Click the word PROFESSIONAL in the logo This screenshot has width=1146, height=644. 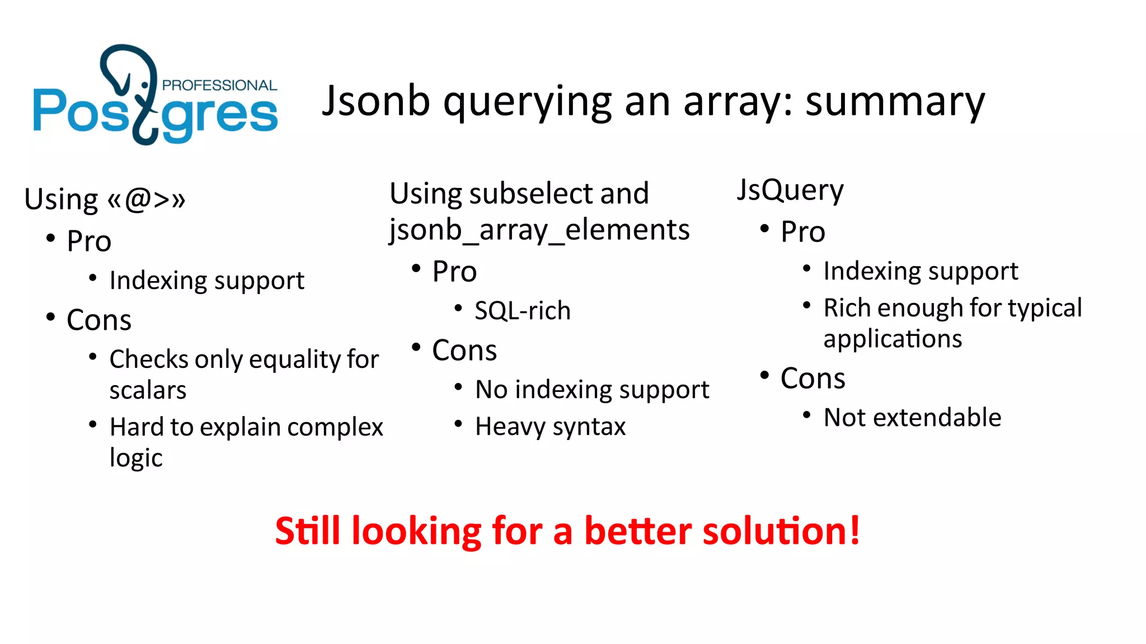pyautogui.click(x=219, y=86)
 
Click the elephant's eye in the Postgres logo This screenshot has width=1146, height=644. pyautogui.click(x=145, y=85)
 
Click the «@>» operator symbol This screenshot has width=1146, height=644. pyautogui.click(x=147, y=199)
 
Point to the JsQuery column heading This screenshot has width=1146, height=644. pyautogui.click(x=790, y=190)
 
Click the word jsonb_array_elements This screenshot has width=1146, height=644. pyautogui.click(x=539, y=230)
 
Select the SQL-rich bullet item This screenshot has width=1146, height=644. pyautogui.click(x=523, y=311)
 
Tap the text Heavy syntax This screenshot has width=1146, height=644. pyautogui.click(x=550, y=427)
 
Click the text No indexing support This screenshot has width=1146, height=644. pyautogui.click(x=592, y=390)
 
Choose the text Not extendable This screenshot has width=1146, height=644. pyautogui.click(x=912, y=418)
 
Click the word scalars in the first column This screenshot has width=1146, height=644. pyautogui.click(x=148, y=390)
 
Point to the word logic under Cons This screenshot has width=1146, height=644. pyautogui.click(x=136, y=458)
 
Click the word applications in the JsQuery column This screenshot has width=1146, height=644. pyautogui.click(x=893, y=339)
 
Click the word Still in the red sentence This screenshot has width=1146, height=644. pyautogui.click(x=307, y=531)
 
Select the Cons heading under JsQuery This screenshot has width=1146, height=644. pyautogui.click(x=812, y=378)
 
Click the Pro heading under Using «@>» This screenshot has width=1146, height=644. pyautogui.click(x=89, y=241)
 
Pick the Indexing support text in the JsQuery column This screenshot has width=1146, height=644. pyautogui.click(x=920, y=271)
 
